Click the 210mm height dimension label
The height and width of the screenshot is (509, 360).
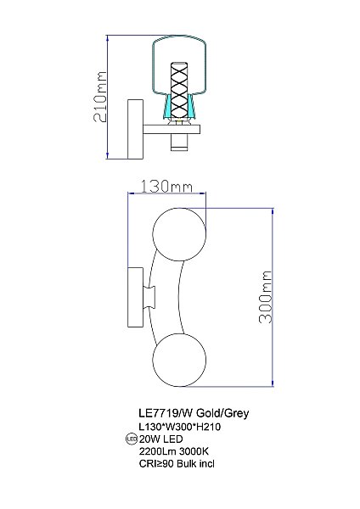tap(100, 97)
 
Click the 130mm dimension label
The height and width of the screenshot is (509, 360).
tap(166, 187)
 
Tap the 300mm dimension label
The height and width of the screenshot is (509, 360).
tap(265, 297)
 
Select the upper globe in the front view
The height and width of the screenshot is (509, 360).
tap(179, 234)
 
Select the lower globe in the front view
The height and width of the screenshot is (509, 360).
tap(179, 360)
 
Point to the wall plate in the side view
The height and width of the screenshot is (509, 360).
tap(136, 129)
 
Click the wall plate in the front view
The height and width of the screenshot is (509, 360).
tap(136, 297)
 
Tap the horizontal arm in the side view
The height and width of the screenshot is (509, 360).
tap(172, 130)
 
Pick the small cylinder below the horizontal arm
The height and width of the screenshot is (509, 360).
tap(179, 143)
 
